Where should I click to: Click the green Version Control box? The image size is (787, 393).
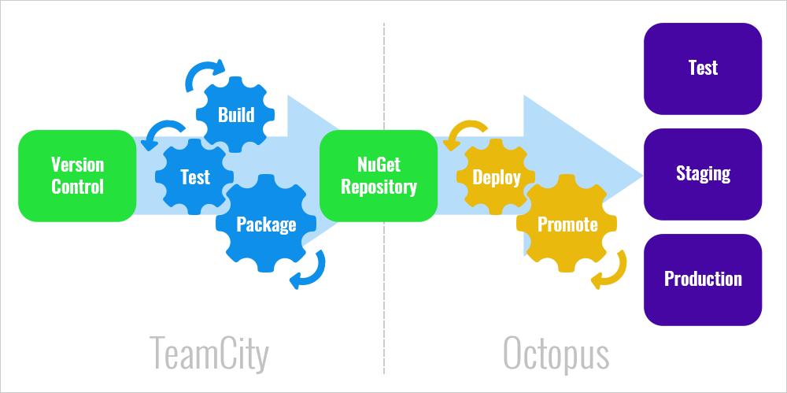point(77,176)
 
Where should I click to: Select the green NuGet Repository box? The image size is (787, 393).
point(379,176)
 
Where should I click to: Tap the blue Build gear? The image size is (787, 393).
point(236,115)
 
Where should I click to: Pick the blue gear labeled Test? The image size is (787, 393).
point(194,176)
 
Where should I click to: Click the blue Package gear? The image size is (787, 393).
point(266,224)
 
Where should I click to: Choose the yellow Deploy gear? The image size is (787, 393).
point(496,177)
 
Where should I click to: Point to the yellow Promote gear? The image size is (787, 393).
point(567,224)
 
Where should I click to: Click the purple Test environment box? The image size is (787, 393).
point(703,69)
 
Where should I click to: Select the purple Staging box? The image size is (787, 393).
point(703,174)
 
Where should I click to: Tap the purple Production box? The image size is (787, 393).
point(703,280)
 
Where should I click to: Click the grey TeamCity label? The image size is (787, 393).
point(209,354)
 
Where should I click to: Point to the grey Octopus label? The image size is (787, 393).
point(556,354)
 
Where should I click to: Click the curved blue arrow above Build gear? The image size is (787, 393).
point(204,72)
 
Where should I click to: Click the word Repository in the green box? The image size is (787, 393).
point(379,187)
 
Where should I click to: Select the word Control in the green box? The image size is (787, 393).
point(77,187)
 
